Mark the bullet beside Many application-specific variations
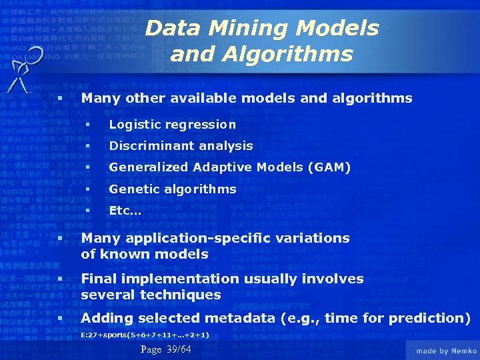coord(60,238)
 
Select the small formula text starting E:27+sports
coord(145,335)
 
